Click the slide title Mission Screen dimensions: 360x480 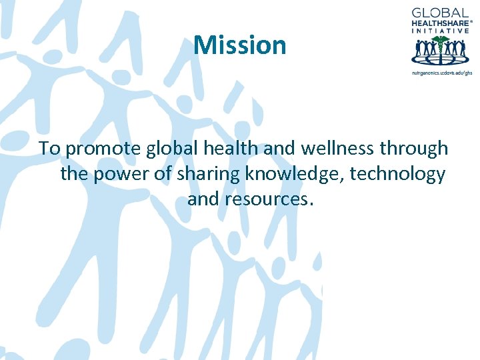click(x=240, y=45)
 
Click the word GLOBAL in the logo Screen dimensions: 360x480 click(x=441, y=13)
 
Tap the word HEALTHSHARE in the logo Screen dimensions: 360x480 click(x=439, y=23)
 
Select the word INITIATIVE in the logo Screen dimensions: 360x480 click(x=441, y=31)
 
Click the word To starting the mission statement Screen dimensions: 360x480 click(x=49, y=148)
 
